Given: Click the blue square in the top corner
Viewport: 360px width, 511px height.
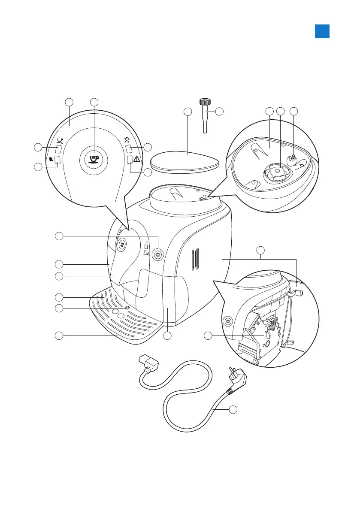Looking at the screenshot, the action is (x=322, y=31).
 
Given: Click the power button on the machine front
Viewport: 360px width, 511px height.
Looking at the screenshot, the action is (x=158, y=254).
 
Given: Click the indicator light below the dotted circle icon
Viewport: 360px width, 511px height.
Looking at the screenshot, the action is (x=128, y=149).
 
